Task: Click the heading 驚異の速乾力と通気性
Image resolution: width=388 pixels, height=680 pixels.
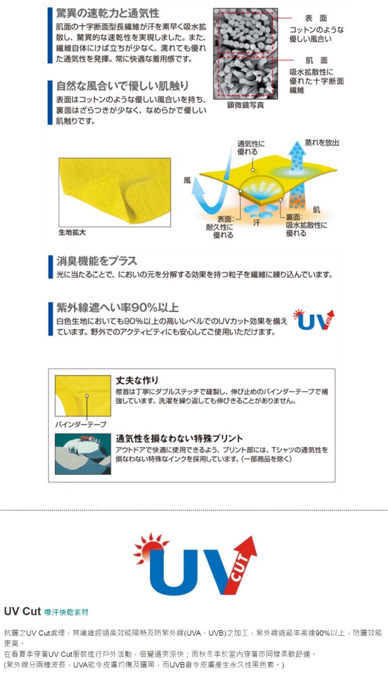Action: click(107, 14)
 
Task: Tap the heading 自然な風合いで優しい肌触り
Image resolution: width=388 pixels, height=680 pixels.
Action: click(122, 86)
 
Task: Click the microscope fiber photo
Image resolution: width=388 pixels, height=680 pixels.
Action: click(245, 54)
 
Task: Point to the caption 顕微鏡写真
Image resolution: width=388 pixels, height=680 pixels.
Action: click(245, 105)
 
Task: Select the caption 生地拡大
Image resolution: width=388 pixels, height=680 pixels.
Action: click(72, 232)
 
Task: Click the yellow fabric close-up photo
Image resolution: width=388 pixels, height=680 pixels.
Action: click(114, 192)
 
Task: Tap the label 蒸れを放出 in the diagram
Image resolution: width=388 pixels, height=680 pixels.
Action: click(322, 142)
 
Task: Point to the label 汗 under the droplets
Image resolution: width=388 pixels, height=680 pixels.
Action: click(256, 223)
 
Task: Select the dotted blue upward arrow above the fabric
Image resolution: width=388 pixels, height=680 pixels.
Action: click(297, 156)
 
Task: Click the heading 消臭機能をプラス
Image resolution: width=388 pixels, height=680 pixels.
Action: click(97, 261)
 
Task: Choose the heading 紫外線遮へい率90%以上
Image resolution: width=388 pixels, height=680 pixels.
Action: click(117, 308)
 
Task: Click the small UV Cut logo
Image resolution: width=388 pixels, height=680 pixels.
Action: click(314, 320)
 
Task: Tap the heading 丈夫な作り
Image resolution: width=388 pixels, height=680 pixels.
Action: click(137, 380)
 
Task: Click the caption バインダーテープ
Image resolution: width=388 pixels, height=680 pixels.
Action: click(81, 424)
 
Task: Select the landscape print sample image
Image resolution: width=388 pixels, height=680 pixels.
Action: click(83, 454)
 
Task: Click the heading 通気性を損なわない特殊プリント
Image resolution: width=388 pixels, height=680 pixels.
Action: click(179, 438)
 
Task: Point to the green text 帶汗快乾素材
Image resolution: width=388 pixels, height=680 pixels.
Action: click(66, 613)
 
